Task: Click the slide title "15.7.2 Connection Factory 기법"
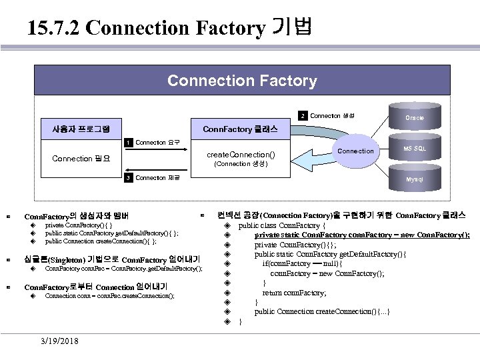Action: [x=171, y=28]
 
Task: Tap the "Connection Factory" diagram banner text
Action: [x=242, y=81]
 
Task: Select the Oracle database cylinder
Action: [x=415, y=117]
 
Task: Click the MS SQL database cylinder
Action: [x=415, y=148]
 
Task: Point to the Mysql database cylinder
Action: [x=415, y=179]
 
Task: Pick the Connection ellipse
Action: [x=356, y=151]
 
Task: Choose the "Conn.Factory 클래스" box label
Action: [x=235, y=129]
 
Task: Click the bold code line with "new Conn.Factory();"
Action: [x=362, y=235]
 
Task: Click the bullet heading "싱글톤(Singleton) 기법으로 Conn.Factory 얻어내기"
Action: [x=111, y=259]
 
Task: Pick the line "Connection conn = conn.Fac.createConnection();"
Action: [x=109, y=295]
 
